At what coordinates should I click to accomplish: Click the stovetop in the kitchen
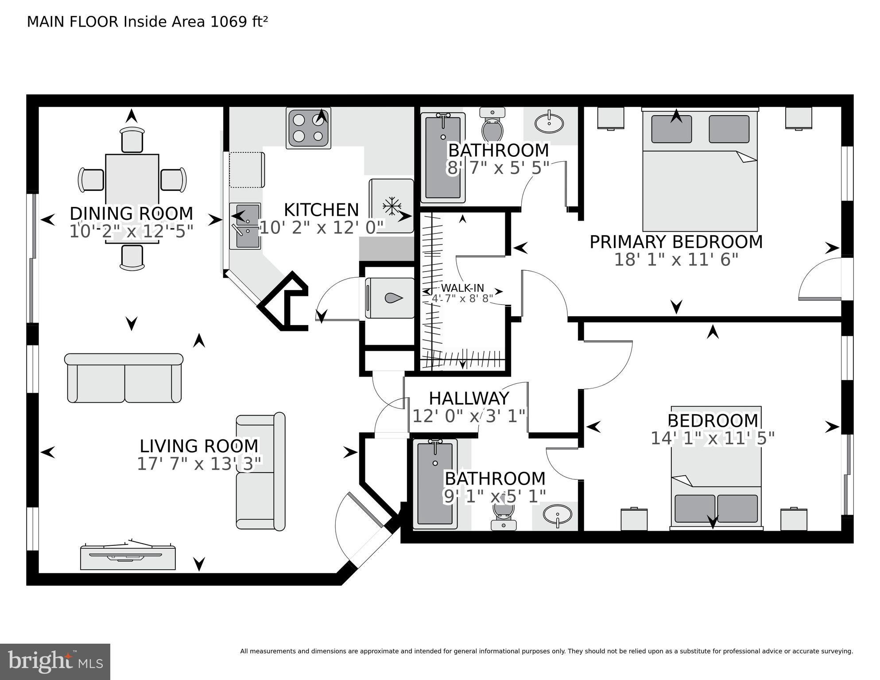309,128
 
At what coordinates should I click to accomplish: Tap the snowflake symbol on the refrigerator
392,207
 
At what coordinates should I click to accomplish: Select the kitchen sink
245,226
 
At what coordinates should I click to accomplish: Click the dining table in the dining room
132,179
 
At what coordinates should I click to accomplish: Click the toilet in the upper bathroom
492,126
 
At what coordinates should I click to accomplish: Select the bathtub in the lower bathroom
435,484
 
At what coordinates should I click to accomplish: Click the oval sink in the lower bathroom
557,516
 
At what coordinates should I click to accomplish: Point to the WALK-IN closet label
462,288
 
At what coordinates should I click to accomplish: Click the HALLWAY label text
469,399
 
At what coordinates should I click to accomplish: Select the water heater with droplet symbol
389,298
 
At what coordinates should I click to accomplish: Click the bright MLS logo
55,662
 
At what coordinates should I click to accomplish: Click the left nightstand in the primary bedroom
611,118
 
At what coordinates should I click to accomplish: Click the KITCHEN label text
321,210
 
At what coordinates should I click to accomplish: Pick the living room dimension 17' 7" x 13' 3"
199,464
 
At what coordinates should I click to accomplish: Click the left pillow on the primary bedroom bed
671,129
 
